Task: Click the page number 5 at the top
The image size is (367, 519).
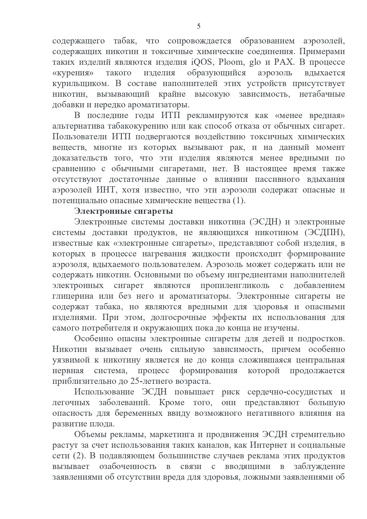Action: click(x=198, y=27)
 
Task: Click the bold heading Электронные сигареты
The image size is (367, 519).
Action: click(x=124, y=211)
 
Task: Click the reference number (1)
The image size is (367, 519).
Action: click(x=239, y=201)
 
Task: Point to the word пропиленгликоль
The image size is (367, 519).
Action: click(x=235, y=286)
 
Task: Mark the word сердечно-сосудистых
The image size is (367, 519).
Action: click(x=290, y=392)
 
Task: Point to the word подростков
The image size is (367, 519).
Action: click(x=321, y=339)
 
